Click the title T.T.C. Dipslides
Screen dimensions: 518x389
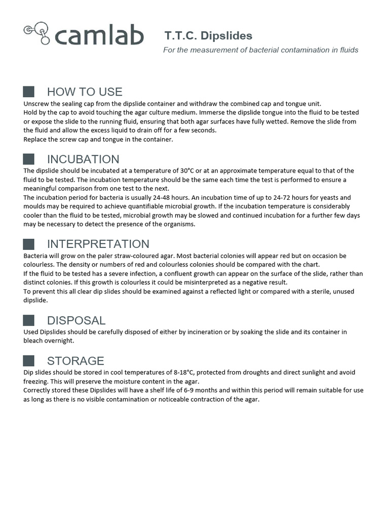(208, 36)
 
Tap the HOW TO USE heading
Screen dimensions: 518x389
(85, 92)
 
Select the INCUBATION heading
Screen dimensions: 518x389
(83, 159)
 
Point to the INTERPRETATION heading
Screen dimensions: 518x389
(98, 244)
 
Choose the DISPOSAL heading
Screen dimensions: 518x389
(76, 320)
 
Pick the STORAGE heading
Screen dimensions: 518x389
(75, 361)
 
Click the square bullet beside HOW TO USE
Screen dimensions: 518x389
(29, 92)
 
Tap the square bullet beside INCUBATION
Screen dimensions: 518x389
(29, 159)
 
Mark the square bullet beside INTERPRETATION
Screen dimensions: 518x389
(29, 244)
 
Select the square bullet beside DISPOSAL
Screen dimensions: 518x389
(29, 320)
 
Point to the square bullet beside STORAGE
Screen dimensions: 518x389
(29, 361)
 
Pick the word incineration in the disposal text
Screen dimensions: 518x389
(225, 332)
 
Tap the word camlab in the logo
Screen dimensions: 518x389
(99, 36)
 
